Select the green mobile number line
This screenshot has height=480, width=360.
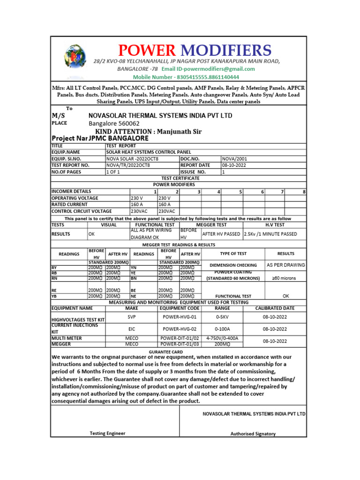(x=186, y=77)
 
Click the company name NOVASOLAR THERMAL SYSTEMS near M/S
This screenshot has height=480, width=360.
(x=160, y=116)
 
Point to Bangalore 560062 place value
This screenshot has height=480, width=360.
(x=114, y=124)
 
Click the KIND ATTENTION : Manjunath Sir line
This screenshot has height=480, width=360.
(x=148, y=132)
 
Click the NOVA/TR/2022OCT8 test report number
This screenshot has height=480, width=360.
(x=133, y=165)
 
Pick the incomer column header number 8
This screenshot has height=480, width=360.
(x=304, y=192)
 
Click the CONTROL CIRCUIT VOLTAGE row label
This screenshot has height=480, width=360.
(x=81, y=211)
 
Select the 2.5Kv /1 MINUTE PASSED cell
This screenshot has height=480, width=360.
(x=270, y=234)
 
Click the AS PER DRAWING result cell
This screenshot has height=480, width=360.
(x=286, y=265)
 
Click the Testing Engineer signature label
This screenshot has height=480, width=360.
(x=107, y=434)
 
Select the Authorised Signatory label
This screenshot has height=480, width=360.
(x=253, y=434)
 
